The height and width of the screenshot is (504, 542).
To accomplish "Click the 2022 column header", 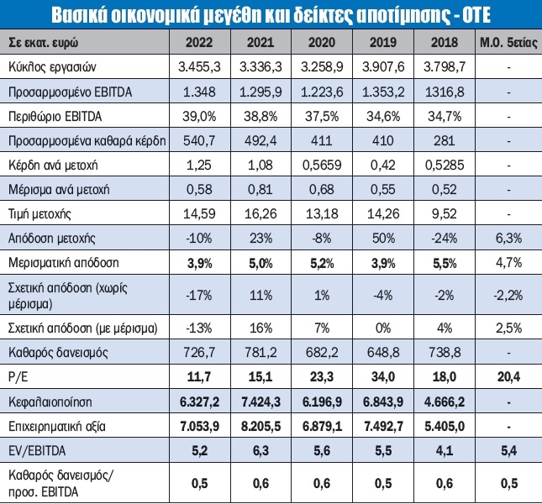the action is (199, 43).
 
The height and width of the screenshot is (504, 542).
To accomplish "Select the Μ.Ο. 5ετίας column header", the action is (508, 43).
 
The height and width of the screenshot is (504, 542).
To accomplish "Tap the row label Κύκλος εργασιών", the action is (52, 67).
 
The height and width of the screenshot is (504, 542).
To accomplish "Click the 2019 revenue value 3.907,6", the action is (383, 66).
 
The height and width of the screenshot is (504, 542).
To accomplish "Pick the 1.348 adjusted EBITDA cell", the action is (199, 92).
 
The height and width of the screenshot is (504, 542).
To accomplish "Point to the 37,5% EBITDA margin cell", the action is (322, 117).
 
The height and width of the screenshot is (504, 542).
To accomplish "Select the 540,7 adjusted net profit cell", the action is (199, 140).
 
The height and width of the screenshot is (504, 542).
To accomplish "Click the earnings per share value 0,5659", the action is (322, 165).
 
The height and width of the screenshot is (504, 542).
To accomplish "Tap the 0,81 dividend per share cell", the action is (260, 189).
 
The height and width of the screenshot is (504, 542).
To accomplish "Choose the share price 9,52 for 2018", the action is (445, 214).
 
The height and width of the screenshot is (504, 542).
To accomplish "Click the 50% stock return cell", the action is (383, 239).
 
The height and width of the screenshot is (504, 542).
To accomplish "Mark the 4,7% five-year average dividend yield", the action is (508, 263).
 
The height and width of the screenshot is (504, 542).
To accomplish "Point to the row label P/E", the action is (18, 377).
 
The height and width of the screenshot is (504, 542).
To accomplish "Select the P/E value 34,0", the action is (383, 376).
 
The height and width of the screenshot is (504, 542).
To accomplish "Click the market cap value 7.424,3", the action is (260, 402).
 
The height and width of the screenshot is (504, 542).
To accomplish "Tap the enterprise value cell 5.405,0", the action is (445, 426).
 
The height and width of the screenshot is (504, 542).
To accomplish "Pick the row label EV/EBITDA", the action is (37, 451).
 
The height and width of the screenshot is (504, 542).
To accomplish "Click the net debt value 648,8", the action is (383, 352).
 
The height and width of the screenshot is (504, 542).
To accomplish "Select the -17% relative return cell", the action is (199, 296).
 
